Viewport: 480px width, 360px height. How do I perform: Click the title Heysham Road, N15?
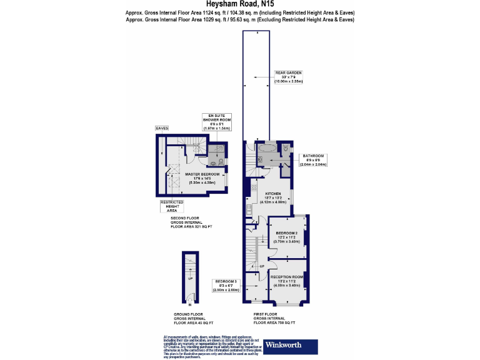(x=240, y=4)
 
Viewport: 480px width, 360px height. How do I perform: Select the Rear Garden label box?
(x=289, y=77)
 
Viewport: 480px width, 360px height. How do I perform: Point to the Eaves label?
(x=162, y=128)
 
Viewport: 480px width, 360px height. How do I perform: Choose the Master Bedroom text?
(x=202, y=176)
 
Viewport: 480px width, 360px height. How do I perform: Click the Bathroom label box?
(x=313, y=160)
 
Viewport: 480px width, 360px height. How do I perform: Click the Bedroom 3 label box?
(x=226, y=286)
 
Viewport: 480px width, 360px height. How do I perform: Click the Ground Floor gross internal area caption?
(x=193, y=319)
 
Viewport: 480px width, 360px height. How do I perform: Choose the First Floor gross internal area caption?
(x=274, y=319)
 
